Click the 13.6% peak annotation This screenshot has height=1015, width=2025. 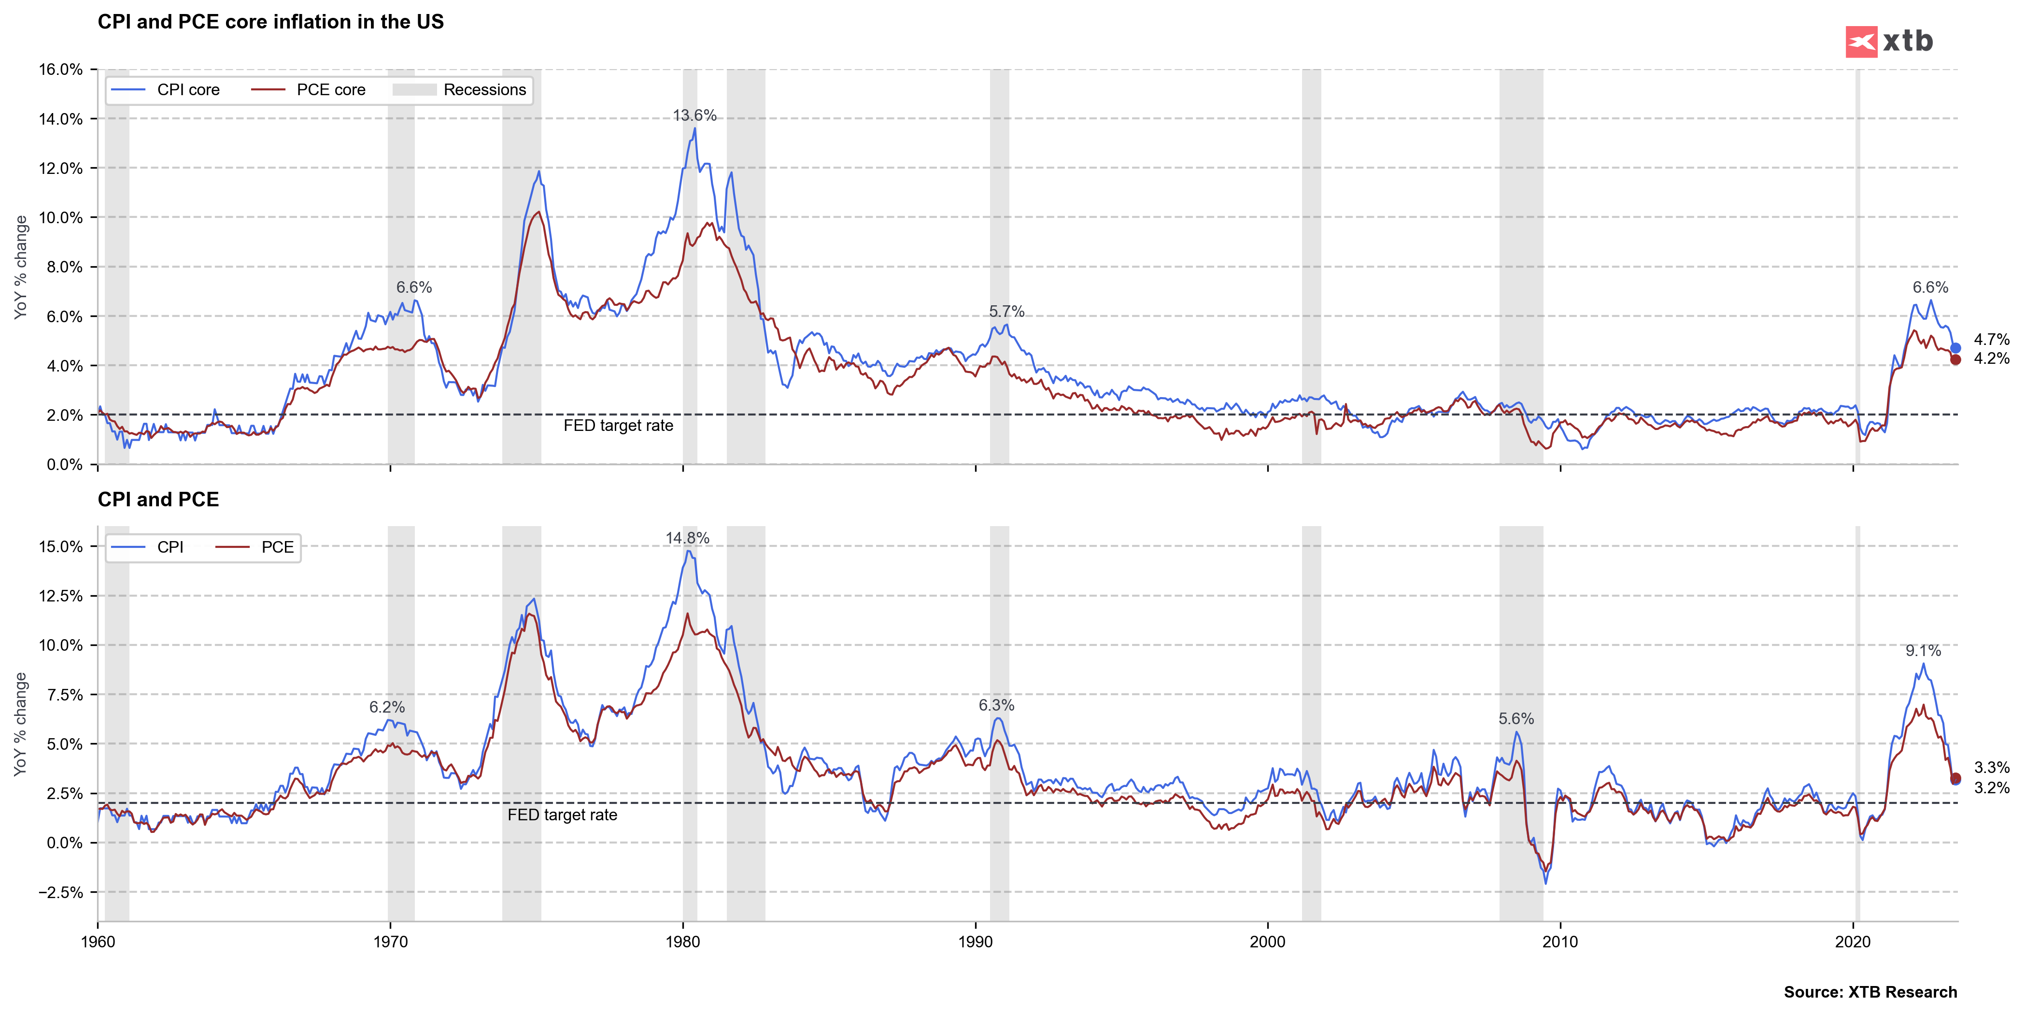coord(694,115)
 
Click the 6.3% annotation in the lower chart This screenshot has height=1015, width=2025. coord(996,706)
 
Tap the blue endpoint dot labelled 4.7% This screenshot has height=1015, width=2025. coord(1955,347)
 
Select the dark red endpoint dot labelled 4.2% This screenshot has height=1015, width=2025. coord(1955,360)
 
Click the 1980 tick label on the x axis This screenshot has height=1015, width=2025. coord(682,942)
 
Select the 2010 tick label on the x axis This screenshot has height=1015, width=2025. coord(1559,942)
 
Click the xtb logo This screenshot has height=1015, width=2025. coord(1888,42)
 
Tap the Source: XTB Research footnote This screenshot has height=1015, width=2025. coord(1870,992)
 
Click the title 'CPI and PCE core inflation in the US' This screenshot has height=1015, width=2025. coord(270,22)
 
